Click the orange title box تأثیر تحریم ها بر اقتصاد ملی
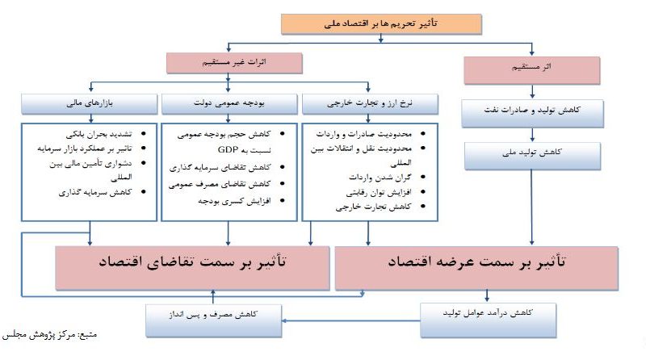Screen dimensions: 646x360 point(381,24)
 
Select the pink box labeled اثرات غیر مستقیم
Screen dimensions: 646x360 point(234,63)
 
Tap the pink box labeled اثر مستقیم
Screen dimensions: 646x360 point(531,70)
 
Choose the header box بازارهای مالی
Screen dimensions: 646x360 point(90,104)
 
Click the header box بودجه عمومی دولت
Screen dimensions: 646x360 point(229,104)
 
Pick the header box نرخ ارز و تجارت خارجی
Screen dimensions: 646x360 point(370,104)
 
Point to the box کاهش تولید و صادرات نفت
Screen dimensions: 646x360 point(532,113)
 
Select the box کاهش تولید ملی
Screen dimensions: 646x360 point(532,156)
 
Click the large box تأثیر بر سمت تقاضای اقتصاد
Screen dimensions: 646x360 point(192,268)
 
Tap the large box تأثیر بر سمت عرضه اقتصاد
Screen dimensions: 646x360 point(476,268)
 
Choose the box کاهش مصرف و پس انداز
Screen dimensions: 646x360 point(213,320)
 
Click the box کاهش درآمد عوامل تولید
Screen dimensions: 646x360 point(489,320)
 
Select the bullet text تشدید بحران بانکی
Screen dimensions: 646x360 point(99,134)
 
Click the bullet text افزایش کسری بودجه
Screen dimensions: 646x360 point(234,201)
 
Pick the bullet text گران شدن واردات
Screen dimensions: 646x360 point(380,177)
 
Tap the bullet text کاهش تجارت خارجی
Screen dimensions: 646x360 point(373,207)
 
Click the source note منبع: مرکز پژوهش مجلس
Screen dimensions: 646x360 point(49,334)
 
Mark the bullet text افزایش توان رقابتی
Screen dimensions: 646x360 point(379,192)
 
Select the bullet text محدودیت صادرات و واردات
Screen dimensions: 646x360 point(364,134)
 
